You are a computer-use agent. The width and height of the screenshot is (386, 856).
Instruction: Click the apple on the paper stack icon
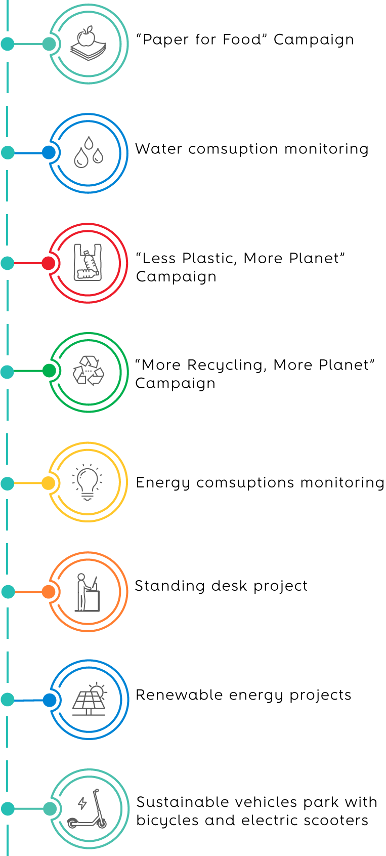(86, 36)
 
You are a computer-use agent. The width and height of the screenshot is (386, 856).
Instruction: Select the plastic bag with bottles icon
(88, 262)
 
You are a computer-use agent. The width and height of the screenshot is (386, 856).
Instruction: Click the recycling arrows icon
(88, 371)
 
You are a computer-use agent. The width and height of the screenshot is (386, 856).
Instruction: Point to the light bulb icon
(88, 482)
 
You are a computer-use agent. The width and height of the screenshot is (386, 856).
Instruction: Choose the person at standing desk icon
(88, 592)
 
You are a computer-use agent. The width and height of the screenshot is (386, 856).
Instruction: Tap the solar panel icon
(90, 699)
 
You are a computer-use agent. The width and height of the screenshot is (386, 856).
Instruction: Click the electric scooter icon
(87, 808)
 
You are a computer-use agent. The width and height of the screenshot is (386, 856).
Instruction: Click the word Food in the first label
(242, 39)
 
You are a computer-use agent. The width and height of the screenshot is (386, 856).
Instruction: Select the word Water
(158, 149)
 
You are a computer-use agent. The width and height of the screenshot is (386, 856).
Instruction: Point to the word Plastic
(209, 259)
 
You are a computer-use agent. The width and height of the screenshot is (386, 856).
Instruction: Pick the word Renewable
(179, 695)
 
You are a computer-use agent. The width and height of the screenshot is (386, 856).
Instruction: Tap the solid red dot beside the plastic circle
(49, 263)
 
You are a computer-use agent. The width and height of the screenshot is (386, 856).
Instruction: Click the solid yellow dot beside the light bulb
(48, 483)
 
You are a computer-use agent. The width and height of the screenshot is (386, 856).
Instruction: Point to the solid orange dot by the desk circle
(49, 592)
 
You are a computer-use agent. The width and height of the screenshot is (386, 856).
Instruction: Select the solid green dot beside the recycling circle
(49, 371)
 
